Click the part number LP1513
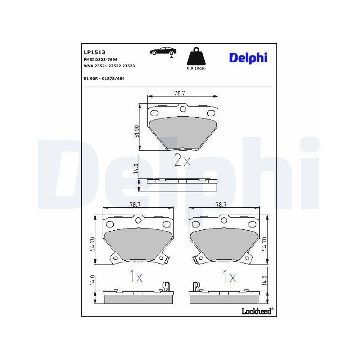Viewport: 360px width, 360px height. click(92, 52)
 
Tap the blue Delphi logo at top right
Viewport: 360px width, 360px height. click(248, 57)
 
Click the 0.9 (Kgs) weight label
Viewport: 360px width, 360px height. click(196, 68)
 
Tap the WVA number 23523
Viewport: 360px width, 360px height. click(129, 66)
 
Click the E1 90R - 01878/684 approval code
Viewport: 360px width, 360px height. click(104, 78)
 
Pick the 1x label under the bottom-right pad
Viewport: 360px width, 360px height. click(229, 276)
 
